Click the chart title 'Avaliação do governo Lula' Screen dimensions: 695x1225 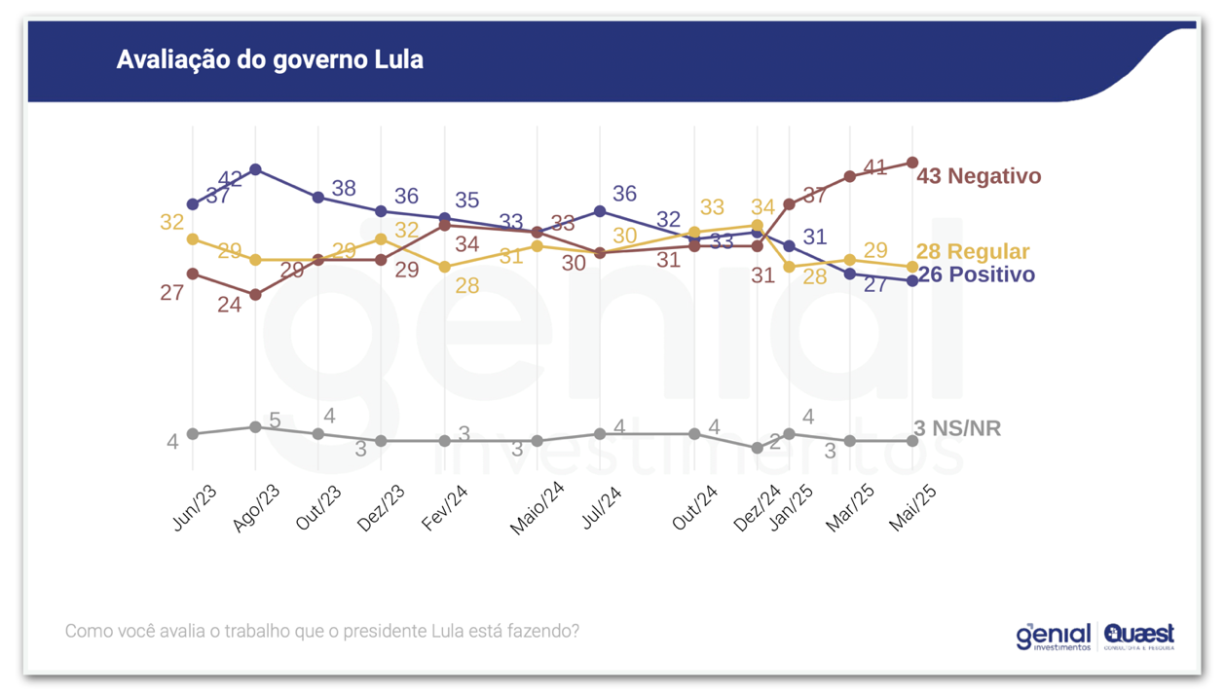point(270,59)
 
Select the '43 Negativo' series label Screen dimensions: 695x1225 point(979,176)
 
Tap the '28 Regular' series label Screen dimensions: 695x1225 point(973,251)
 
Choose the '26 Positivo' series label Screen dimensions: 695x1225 point(977,274)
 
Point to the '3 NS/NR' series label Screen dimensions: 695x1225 point(957,428)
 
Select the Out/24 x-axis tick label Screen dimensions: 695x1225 point(695,508)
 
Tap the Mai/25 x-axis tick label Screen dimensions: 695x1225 point(913,508)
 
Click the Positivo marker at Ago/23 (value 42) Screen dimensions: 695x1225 point(255,169)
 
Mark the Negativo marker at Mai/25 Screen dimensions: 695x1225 point(912,163)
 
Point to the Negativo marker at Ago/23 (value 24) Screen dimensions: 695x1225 point(255,295)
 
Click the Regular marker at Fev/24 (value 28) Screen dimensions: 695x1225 point(445,267)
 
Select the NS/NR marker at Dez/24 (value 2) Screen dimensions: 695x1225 point(758,448)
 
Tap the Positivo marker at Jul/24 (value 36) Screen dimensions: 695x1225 point(600,211)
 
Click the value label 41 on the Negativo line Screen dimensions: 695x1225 point(874,167)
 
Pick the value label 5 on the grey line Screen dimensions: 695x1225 point(275,421)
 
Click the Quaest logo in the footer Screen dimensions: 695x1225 point(1138,636)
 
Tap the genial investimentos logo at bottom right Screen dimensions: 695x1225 point(1053,637)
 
